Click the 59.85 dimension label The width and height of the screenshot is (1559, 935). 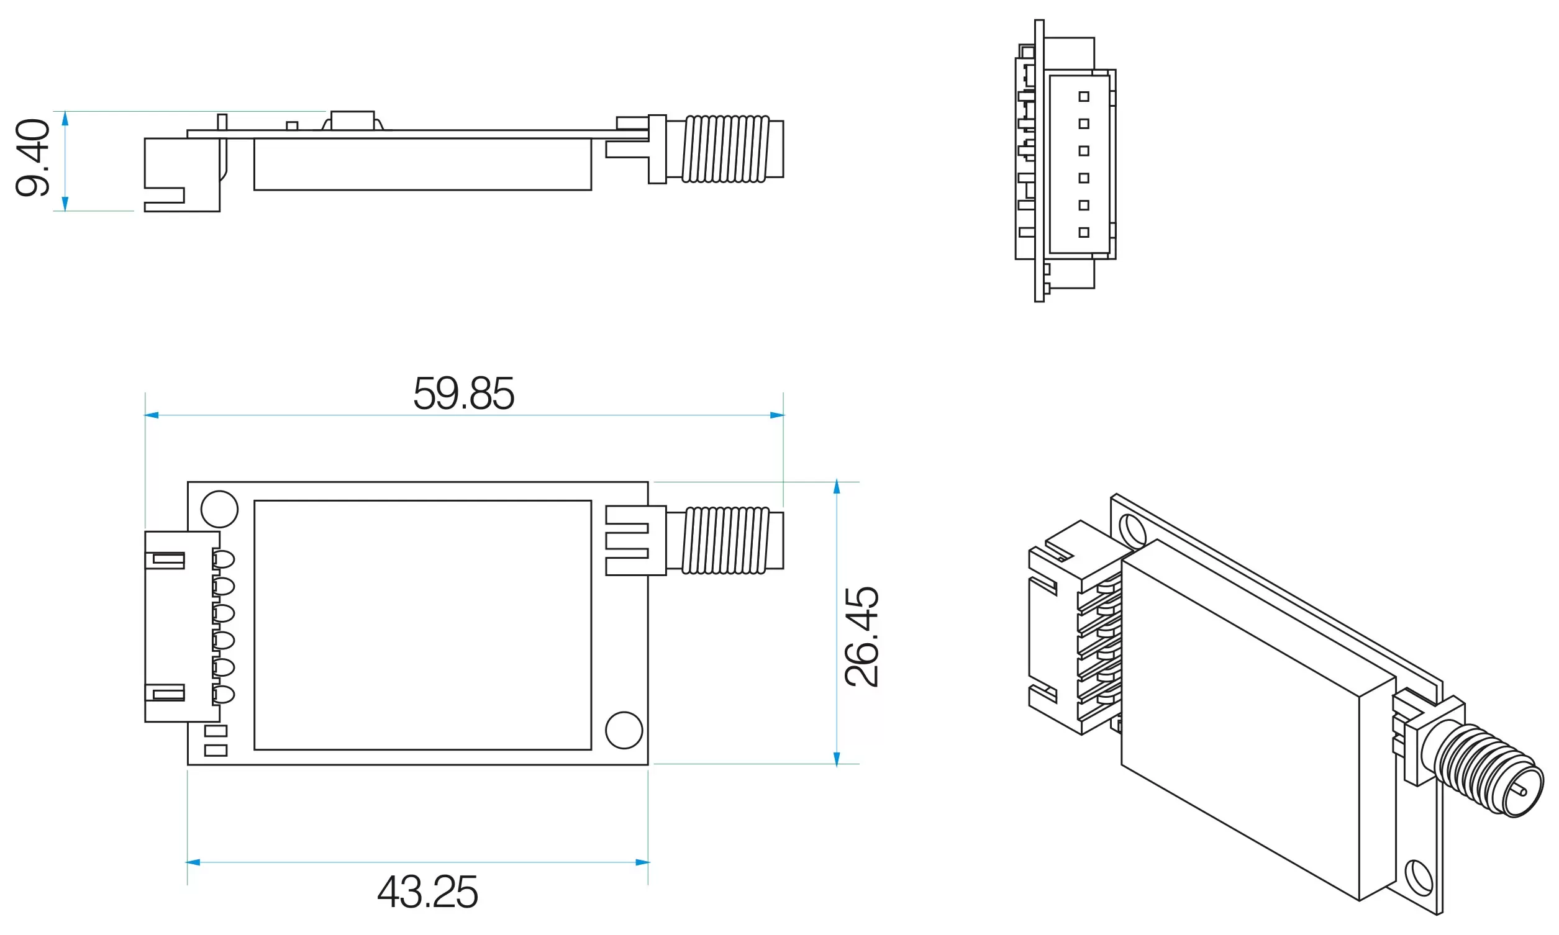click(x=463, y=394)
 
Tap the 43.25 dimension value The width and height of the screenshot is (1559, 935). click(x=427, y=892)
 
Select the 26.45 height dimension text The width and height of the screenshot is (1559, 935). click(x=861, y=636)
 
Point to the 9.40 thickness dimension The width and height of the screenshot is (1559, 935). click(x=33, y=158)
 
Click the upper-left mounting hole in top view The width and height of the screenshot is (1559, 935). click(x=219, y=509)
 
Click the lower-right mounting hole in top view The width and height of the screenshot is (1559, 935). click(x=624, y=730)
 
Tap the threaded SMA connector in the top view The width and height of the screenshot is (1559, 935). click(x=726, y=541)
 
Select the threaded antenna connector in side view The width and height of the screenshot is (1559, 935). click(x=726, y=150)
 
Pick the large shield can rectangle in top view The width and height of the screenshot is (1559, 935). click(x=422, y=625)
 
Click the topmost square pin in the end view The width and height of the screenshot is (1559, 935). click(x=1084, y=96)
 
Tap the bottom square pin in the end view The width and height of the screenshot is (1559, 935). click(x=1084, y=232)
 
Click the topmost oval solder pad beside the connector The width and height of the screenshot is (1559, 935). click(x=224, y=559)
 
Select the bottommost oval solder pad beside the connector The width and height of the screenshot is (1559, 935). click(x=224, y=695)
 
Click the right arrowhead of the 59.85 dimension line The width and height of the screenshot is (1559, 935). click(x=777, y=415)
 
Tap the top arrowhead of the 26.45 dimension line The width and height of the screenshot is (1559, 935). click(x=837, y=486)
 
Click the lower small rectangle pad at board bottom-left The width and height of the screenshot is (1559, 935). click(x=216, y=751)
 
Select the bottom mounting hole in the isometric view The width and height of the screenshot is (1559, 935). click(x=1419, y=878)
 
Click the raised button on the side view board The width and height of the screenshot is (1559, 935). click(x=352, y=120)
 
